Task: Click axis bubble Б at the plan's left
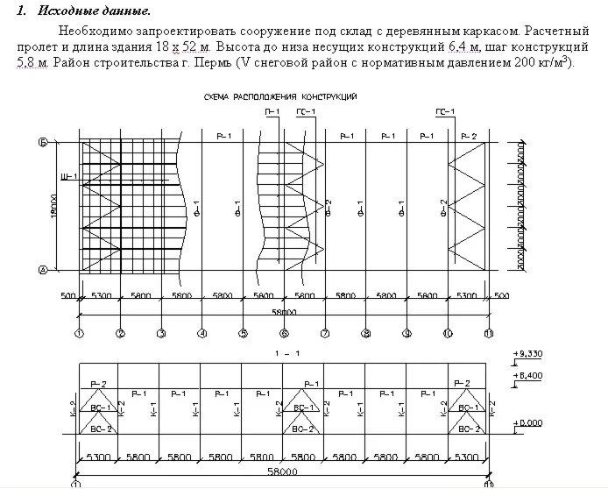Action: coord(42,141)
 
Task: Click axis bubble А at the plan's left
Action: coord(42,270)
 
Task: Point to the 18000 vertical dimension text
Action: coord(54,207)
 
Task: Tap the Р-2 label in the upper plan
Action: coord(470,137)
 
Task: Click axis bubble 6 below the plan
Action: coord(284,332)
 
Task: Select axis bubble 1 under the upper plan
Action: coord(79,332)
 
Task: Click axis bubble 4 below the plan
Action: coord(201,332)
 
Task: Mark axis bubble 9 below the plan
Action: coord(407,332)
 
